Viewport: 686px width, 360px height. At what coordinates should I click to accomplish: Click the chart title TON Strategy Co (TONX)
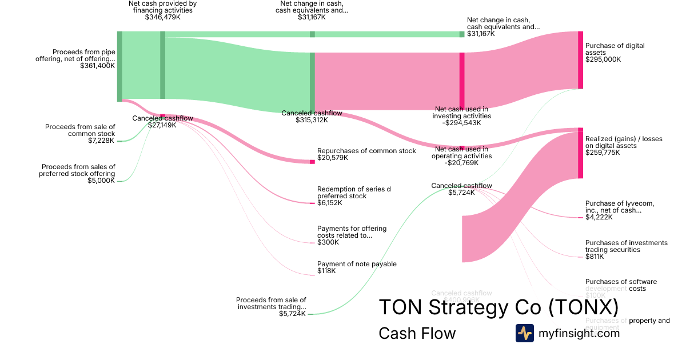[498, 307]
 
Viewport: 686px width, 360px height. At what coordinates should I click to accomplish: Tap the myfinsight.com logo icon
[524, 333]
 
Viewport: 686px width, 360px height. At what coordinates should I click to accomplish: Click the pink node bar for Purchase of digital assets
[580, 60]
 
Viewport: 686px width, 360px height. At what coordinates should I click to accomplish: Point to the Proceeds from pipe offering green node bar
[119, 66]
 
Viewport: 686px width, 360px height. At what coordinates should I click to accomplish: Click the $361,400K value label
[98, 66]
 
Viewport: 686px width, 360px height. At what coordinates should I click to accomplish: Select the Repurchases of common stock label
[366, 151]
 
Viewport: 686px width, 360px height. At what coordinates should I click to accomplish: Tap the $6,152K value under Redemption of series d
[329, 203]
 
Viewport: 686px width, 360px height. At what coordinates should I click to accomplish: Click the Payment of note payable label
[357, 264]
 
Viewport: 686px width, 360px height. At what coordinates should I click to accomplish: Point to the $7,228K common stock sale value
[102, 141]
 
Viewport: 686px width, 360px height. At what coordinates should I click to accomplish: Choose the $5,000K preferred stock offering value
[102, 181]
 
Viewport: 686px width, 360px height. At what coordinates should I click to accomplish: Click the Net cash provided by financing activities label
[163, 6]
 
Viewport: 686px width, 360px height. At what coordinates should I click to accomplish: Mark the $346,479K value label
[163, 17]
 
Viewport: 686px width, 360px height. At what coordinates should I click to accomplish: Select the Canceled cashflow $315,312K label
[312, 117]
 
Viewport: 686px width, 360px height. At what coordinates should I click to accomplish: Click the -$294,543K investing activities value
[461, 123]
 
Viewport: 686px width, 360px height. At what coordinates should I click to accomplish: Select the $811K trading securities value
[595, 257]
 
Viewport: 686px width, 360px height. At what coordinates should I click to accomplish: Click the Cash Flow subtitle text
[417, 334]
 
